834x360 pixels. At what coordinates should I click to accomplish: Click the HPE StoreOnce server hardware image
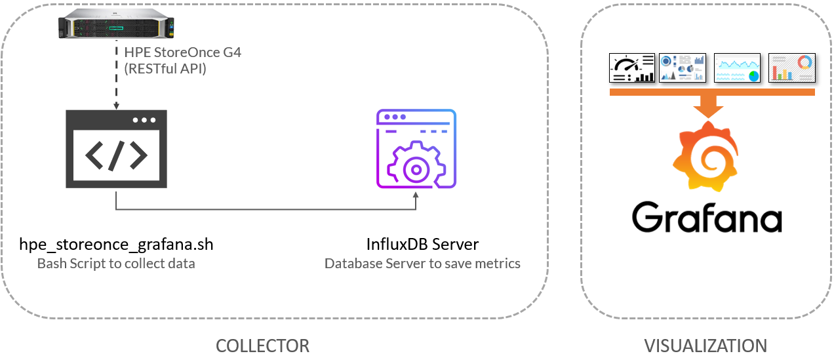coord(116,24)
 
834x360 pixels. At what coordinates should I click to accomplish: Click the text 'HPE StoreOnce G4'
coord(182,52)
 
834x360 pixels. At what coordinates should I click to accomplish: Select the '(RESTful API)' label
coord(165,69)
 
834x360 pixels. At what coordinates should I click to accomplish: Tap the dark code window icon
coord(116,149)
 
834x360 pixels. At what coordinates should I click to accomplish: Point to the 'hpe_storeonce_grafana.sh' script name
coord(116,245)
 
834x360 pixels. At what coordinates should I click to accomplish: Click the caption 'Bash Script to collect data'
coord(116,264)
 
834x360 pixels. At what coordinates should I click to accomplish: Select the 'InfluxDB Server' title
coord(423,245)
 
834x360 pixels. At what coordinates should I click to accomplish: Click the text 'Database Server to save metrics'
coord(423,264)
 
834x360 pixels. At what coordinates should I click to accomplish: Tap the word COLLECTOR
coord(262,346)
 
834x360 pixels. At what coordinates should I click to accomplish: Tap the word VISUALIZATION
coord(705,346)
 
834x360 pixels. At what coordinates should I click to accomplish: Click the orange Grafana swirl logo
coord(705,156)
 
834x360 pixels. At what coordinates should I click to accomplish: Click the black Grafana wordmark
coord(707,217)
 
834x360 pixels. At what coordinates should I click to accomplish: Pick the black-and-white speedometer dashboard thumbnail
coord(632,68)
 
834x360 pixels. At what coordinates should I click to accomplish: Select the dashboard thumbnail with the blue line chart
coord(737,68)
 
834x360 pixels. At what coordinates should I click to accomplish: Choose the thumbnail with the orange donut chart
coord(792,68)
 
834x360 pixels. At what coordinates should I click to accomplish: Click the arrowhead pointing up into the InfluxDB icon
coord(416,195)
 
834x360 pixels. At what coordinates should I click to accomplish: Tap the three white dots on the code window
coord(144,120)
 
